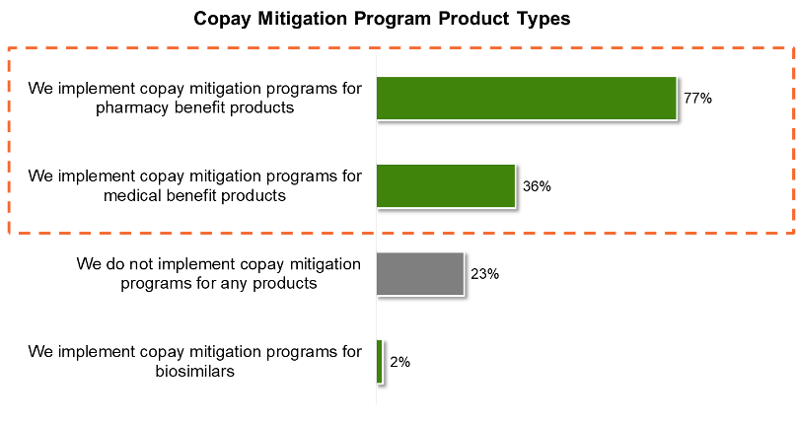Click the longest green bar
(x=526, y=98)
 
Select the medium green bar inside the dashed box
(x=446, y=185)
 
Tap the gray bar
(x=420, y=273)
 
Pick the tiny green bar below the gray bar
(x=380, y=361)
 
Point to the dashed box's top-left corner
(x=9, y=48)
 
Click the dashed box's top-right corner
(x=793, y=48)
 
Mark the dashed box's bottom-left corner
(x=9, y=233)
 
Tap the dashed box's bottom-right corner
(x=793, y=233)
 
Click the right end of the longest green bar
(x=677, y=98)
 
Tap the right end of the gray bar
(x=464, y=273)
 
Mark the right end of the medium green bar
(x=515, y=185)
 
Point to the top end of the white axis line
(x=376, y=54)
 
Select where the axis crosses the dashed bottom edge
(x=376, y=233)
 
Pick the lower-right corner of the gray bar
(x=464, y=295)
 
